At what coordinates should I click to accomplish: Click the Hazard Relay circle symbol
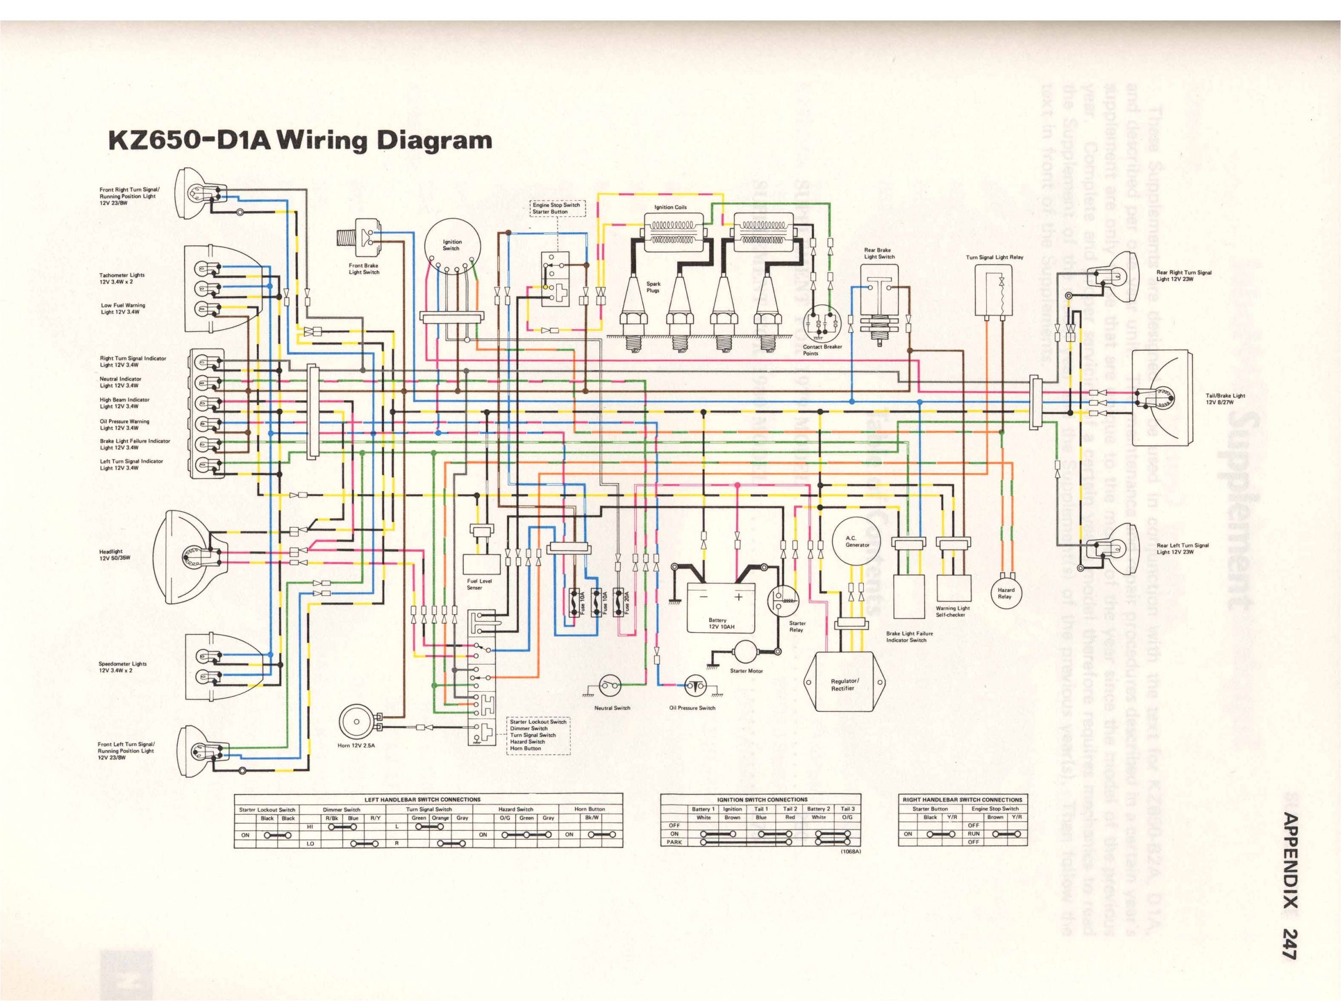point(1005,593)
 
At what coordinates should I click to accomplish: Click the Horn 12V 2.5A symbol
point(356,722)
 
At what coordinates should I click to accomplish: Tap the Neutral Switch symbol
point(610,686)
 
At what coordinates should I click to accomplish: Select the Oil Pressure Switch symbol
point(695,686)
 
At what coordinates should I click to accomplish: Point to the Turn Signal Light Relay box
point(993,291)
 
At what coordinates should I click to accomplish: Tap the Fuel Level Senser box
point(481,564)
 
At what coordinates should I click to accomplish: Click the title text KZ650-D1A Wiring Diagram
point(299,140)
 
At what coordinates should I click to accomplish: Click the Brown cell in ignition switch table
point(732,818)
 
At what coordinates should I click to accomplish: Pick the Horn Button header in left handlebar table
point(589,809)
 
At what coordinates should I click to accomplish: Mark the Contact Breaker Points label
point(822,350)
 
